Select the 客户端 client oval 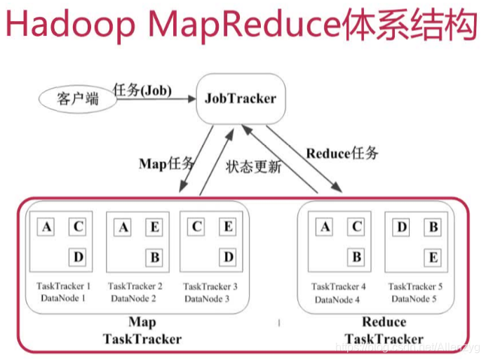coord(77,98)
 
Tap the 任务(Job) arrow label coord(142,90)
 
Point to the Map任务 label coord(166,164)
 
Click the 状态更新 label coord(253,167)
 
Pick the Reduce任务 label coord(342,152)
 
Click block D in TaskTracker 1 coord(78,257)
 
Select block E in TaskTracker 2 coord(154,227)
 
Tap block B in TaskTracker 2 coord(154,257)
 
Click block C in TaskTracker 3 coord(196,227)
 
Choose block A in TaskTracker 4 coord(325,227)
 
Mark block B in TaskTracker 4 coord(356,257)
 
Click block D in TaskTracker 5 coord(402,227)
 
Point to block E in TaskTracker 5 coord(433,258)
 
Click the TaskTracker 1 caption coord(64,286)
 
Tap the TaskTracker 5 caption coord(416,286)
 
